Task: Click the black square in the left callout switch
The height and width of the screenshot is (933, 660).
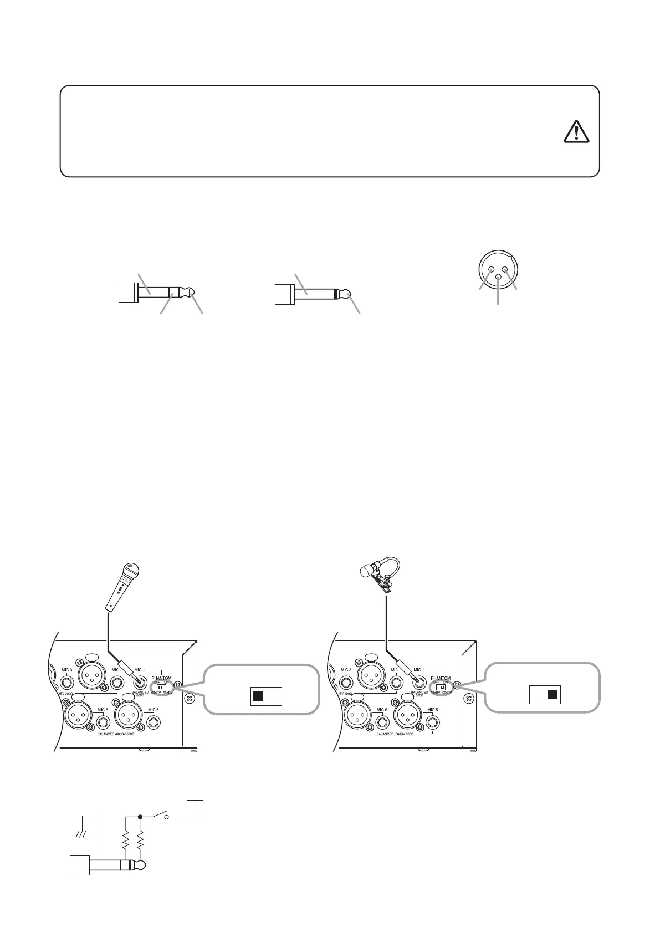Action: click(258, 696)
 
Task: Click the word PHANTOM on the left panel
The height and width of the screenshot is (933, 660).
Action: click(161, 678)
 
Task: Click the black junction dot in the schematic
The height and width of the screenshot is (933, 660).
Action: click(140, 816)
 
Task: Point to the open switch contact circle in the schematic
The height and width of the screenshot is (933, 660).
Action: click(166, 817)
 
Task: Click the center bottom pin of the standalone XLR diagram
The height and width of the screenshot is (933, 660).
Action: click(499, 278)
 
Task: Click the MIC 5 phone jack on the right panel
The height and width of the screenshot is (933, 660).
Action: click(431, 724)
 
